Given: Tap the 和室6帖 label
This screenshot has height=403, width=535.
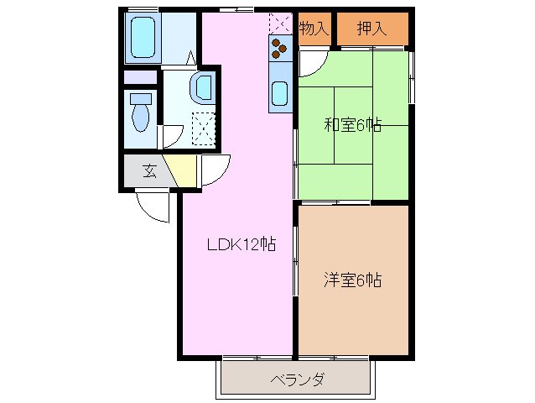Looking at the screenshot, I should pos(352,126).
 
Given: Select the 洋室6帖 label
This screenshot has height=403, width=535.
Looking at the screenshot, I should pos(352,280).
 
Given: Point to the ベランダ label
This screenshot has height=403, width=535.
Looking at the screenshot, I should pos(297,379).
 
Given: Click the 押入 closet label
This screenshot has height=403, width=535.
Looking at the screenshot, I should pos(371,29).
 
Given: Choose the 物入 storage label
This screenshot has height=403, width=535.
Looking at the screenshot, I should pos(313,29).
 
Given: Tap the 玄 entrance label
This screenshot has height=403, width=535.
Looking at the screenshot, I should pos(149,172).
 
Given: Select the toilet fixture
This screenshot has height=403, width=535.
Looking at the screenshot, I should pos(140,111).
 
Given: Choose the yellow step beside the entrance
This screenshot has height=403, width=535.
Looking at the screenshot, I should pos(181,170).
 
